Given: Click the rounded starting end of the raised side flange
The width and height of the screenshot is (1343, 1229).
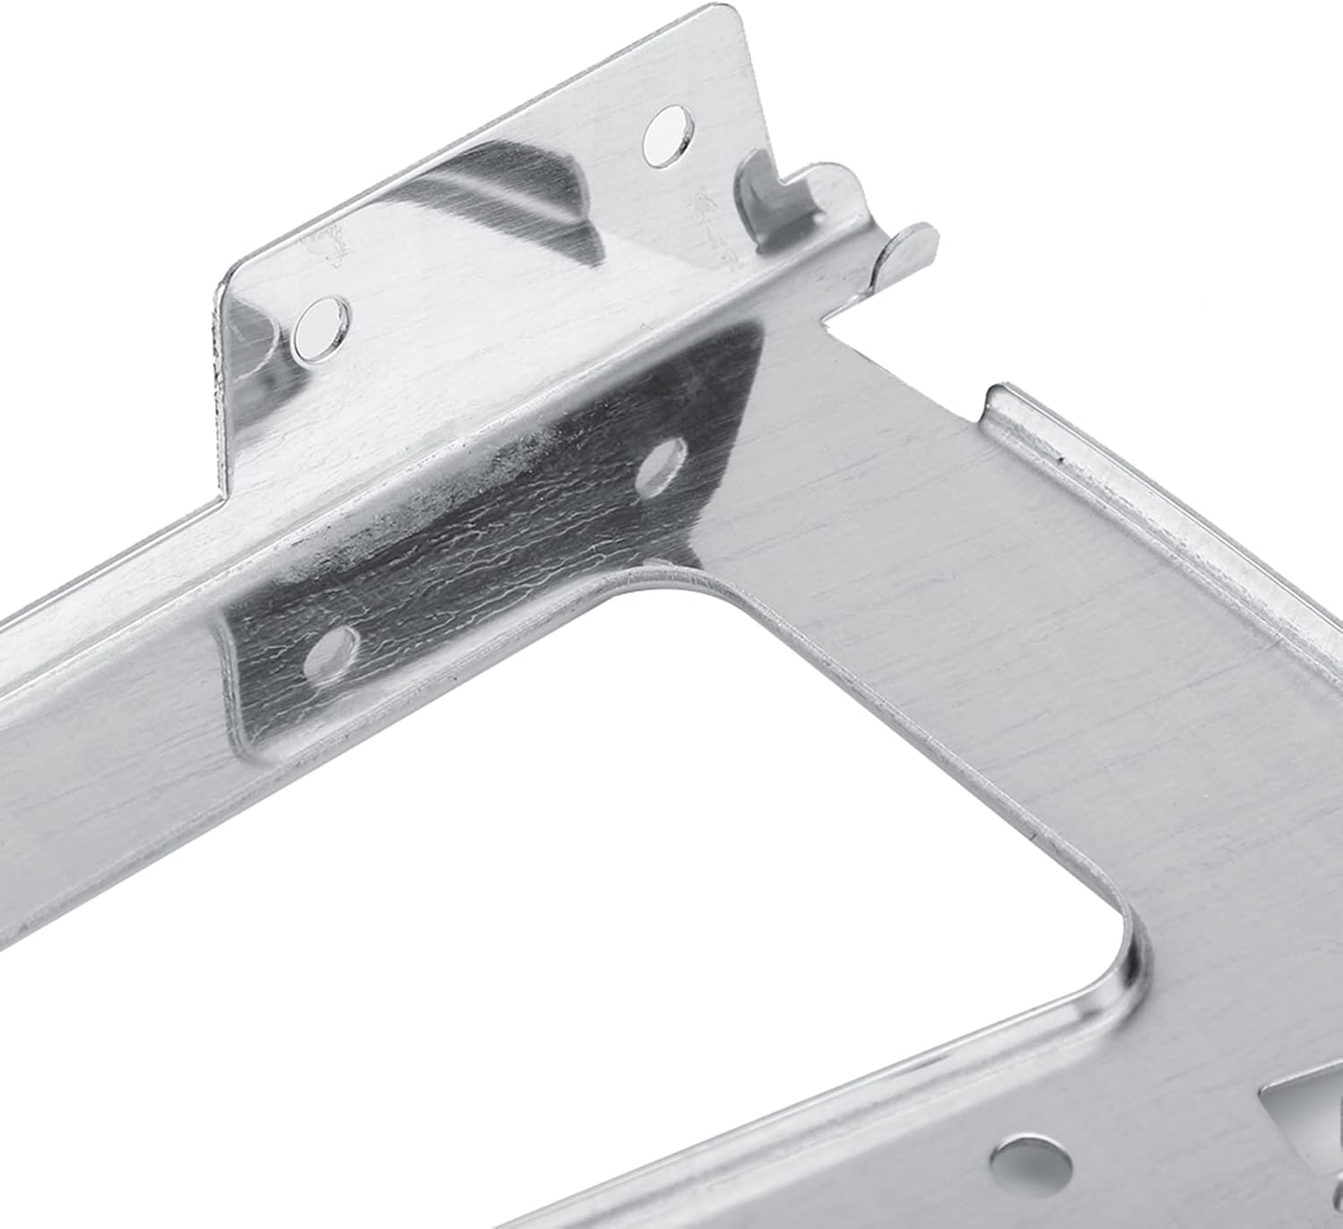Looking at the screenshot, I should [998, 394].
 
